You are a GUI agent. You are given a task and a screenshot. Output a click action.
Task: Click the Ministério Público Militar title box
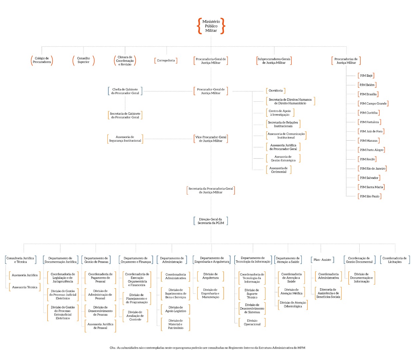tap(211, 26)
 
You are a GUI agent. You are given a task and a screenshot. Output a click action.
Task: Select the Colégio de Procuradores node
tap(42, 60)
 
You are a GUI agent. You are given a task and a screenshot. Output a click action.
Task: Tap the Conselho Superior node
tap(83, 60)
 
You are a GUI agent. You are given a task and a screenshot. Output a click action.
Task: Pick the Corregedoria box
tap(166, 61)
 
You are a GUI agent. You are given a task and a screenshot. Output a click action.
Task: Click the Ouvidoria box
tap(275, 91)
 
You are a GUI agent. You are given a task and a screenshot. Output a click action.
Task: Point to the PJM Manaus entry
tap(368, 141)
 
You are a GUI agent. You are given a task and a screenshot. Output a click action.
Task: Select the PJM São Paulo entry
tap(369, 196)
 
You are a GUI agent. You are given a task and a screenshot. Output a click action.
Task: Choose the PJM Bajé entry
tap(366, 76)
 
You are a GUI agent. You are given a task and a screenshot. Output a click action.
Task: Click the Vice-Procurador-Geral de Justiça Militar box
tap(211, 139)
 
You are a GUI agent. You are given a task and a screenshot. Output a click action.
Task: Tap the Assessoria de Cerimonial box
tap(278, 170)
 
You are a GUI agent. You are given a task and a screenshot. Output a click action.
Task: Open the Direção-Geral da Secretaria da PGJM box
tap(211, 221)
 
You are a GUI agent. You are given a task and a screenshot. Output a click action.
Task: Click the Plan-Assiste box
tap(322, 260)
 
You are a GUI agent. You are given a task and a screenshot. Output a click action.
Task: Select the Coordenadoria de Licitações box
tap(394, 260)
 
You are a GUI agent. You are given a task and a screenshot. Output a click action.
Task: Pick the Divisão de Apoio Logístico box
tap(176, 309)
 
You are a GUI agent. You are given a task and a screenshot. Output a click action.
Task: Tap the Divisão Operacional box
tap(252, 322)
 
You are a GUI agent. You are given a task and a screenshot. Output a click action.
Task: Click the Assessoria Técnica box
tap(25, 287)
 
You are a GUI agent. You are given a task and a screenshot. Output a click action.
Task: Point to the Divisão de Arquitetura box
tap(210, 276)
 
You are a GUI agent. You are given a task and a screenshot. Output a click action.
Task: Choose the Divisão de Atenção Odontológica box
tap(293, 305)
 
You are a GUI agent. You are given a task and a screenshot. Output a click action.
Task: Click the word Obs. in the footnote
tap(113, 348)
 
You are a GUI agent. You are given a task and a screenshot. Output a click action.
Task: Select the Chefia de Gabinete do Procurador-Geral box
tap(125, 91)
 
